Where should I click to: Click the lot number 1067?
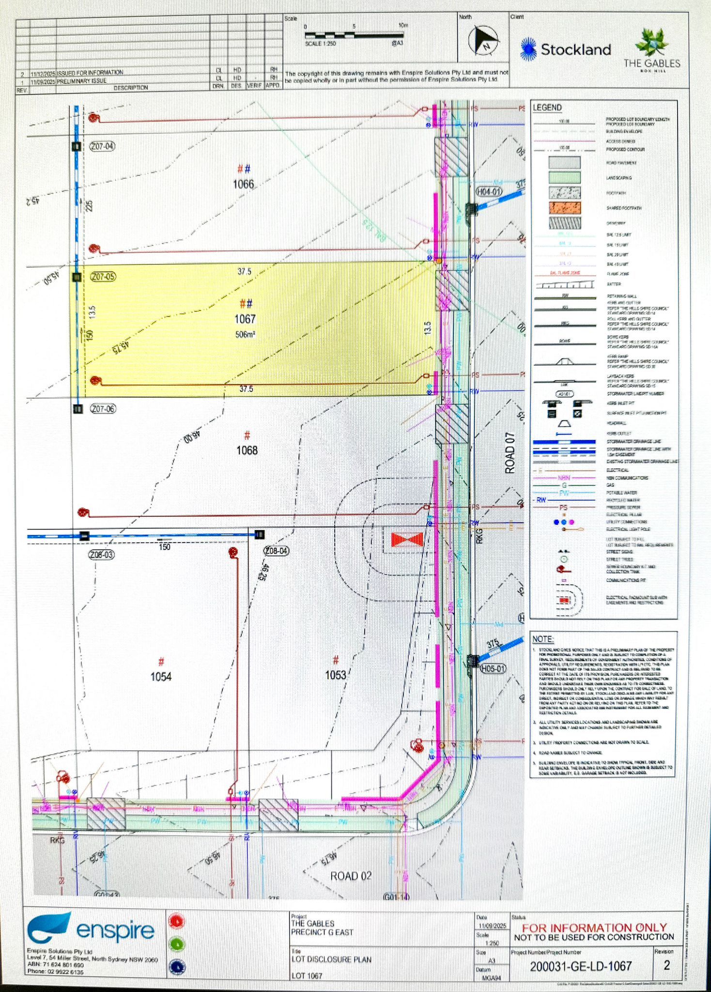[245, 319]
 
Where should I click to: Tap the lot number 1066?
[243, 184]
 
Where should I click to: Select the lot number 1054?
[161, 677]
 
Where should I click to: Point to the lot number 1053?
[335, 675]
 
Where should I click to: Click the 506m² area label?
[245, 334]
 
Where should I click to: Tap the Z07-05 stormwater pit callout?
[103, 277]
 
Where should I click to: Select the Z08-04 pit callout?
[276, 551]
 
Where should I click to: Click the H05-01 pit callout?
[493, 669]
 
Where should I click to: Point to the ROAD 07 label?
[510, 452]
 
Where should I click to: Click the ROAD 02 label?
[351, 876]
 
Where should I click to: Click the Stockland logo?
[565, 49]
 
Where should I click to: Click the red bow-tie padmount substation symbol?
[407, 540]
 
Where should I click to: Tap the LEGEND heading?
[547, 108]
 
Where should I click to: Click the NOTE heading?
[542, 639]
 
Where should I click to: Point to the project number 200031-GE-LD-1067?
[581, 966]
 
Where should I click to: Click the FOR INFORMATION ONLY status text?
[594, 928]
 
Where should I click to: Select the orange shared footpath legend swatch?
[564, 208]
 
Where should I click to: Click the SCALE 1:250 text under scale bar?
[320, 44]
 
